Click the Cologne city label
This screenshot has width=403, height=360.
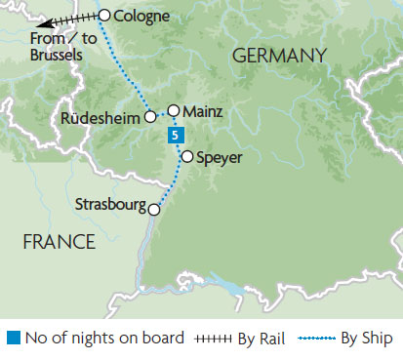coord(142,16)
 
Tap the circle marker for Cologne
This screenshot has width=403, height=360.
coord(105,15)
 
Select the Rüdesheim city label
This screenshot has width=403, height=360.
coord(101,117)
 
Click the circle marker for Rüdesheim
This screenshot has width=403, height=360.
coord(150,116)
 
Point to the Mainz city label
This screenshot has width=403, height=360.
coord(204,111)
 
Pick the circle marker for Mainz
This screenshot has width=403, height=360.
coord(174,110)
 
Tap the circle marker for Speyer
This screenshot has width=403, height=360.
coord(186,154)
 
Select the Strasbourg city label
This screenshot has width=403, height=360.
coord(109,205)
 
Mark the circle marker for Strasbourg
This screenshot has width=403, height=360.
coord(153,208)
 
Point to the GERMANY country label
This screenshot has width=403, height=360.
coord(278,59)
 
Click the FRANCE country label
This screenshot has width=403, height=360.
coord(55,237)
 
